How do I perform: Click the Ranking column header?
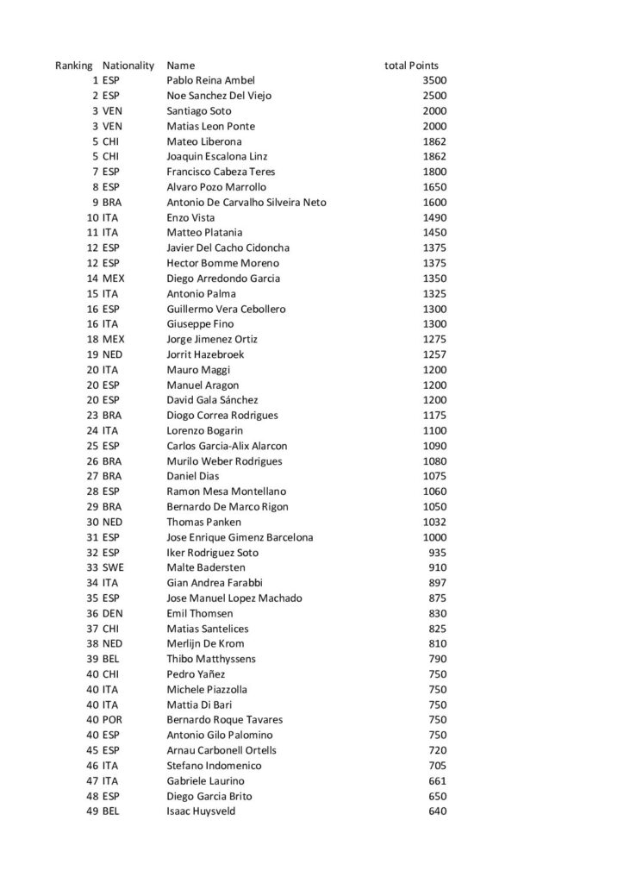pos(74,66)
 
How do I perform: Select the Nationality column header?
pos(128,66)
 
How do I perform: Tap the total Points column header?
pos(411,66)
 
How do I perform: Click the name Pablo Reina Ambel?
pos(210,80)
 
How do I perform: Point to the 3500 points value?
pos(434,80)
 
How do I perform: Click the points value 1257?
pos(434,354)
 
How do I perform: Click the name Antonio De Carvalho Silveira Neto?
pos(246,203)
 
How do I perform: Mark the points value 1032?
pos(434,522)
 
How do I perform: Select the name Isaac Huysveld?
pos(201,811)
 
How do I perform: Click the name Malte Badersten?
pos(206,567)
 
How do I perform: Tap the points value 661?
pos(438,781)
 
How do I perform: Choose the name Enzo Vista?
pos(190,217)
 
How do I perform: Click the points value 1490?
pos(434,217)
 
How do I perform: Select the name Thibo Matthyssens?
pos(211,659)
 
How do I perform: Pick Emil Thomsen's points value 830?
pos(438,613)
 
